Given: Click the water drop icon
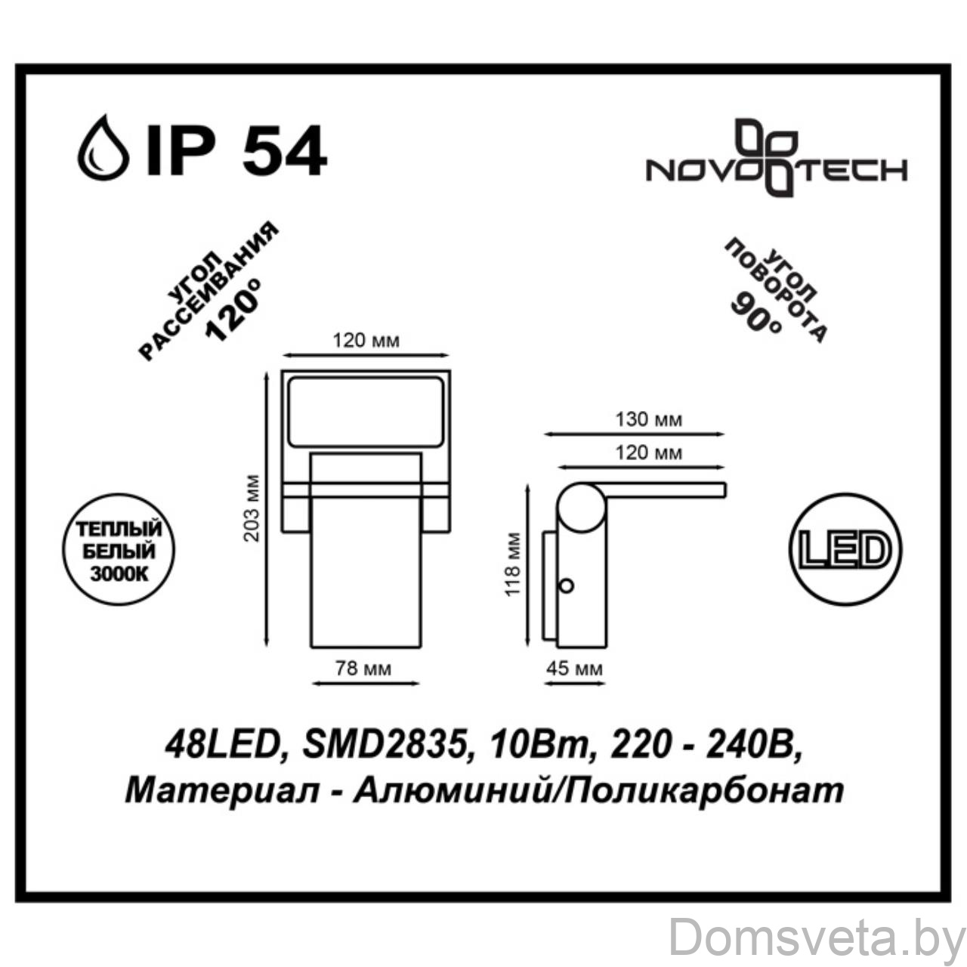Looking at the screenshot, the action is click(103, 147).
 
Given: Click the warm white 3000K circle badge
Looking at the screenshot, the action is click(119, 551).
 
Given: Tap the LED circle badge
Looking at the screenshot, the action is click(845, 549).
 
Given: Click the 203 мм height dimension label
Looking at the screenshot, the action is click(252, 508).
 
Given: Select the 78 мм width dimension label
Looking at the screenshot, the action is click(363, 669).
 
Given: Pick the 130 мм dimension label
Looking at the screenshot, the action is click(649, 419).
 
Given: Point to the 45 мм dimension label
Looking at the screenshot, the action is click(575, 669).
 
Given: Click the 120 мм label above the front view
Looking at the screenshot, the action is click(366, 341).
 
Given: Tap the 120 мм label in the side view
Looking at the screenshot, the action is click(649, 453).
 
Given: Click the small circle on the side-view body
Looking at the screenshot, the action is click(567, 585).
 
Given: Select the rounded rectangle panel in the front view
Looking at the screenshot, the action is click(366, 412).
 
